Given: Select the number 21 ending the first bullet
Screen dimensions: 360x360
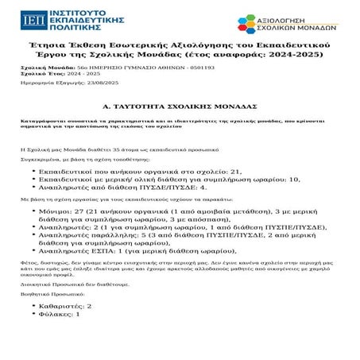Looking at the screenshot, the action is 234,170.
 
